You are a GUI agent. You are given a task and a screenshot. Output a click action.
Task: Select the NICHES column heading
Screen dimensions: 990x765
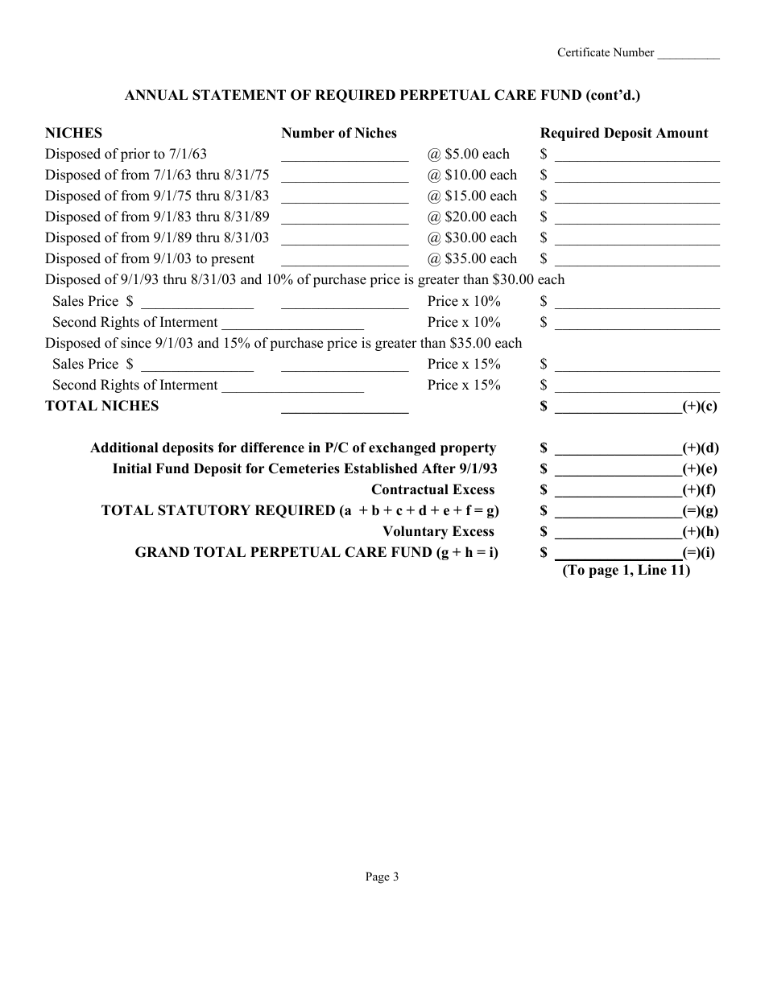click(x=73, y=133)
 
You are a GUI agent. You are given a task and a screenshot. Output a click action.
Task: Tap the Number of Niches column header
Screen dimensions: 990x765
click(x=339, y=133)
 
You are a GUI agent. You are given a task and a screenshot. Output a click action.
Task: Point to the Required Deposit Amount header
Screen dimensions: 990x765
click(x=624, y=133)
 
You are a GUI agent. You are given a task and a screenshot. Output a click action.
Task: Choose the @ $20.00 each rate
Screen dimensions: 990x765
click(x=472, y=217)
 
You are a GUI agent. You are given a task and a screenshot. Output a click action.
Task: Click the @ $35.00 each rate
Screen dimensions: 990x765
click(x=472, y=258)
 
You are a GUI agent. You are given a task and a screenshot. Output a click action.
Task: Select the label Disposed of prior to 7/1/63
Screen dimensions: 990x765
click(x=126, y=154)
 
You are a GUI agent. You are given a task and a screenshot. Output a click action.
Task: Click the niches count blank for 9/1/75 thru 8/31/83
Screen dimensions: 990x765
click(x=345, y=199)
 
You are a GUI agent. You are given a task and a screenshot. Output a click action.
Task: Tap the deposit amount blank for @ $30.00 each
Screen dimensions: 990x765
click(x=637, y=241)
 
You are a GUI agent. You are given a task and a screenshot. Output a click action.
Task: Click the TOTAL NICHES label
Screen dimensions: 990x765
click(x=101, y=406)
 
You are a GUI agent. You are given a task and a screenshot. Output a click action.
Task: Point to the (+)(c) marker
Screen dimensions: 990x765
click(x=700, y=406)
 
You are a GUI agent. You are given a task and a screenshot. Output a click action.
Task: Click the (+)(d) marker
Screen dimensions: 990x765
click(x=700, y=448)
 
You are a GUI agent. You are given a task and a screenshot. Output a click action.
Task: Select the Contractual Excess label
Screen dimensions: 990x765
click(x=432, y=489)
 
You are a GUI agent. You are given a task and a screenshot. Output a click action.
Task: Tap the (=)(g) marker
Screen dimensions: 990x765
click(x=700, y=510)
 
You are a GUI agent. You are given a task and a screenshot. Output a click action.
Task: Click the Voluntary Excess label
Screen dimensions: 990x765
click(x=438, y=531)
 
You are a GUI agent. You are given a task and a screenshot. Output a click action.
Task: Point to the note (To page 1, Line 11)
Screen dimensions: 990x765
click(x=626, y=571)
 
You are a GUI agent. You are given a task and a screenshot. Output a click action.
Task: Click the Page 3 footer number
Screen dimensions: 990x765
click(x=382, y=877)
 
